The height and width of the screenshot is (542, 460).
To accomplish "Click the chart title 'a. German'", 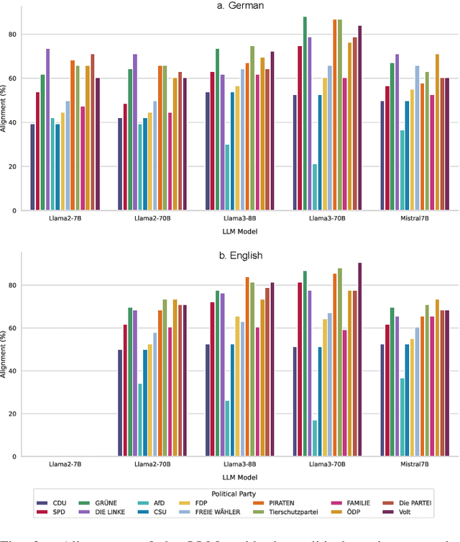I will click(240, 6).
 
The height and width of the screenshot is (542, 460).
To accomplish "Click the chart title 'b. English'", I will click(240, 256).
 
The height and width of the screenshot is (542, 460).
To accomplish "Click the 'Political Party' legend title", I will click(240, 493).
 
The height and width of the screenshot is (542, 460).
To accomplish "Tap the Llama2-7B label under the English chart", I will click(65, 465).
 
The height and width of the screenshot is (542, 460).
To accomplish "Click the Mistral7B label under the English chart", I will click(415, 465).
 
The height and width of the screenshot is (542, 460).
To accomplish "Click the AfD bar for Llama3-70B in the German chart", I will click(314, 187).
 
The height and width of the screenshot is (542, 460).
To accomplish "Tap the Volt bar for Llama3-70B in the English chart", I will click(359, 360).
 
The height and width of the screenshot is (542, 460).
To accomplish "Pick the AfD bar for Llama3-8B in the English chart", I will click(227, 428).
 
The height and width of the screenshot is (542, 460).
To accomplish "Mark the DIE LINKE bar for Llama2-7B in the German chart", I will click(47, 130).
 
